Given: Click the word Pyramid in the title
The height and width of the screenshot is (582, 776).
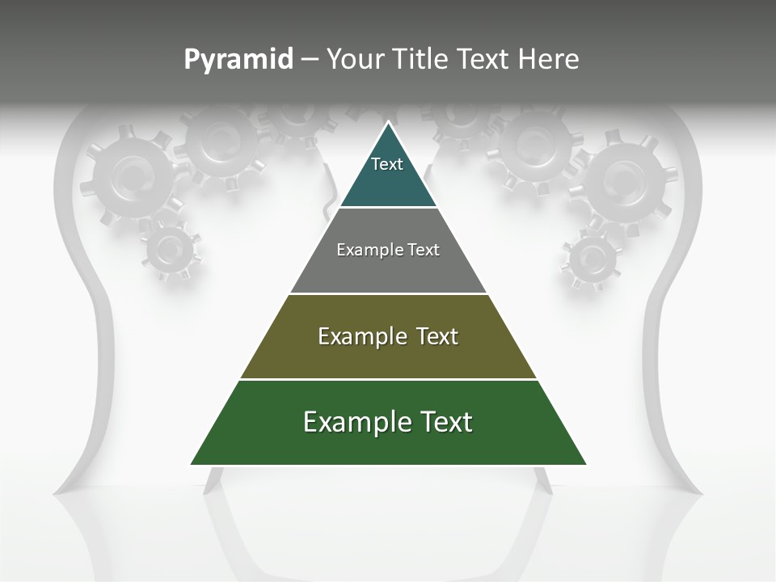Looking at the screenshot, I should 238,60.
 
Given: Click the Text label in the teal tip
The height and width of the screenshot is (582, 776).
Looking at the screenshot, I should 387,164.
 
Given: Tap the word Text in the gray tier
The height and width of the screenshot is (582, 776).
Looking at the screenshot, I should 424,250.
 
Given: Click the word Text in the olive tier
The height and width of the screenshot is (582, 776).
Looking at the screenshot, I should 437,336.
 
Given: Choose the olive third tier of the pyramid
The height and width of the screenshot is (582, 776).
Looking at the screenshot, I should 388,361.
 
